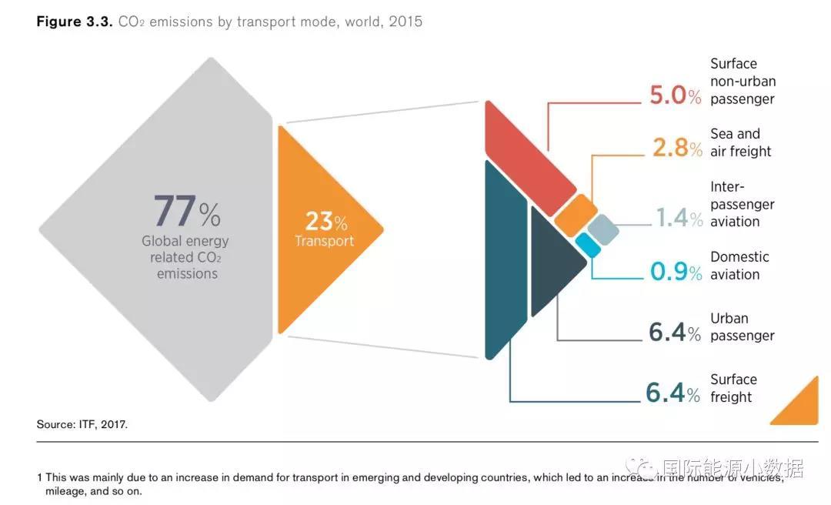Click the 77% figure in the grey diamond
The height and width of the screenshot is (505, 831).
186,211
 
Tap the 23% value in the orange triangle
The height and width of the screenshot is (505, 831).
325,222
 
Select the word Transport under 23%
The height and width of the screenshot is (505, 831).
324,241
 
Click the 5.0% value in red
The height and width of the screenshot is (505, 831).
675,95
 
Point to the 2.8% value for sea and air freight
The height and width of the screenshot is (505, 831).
676,148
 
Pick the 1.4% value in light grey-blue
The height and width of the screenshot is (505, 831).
679,218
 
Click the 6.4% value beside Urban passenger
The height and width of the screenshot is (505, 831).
674,333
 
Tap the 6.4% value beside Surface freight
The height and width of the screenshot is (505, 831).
673,393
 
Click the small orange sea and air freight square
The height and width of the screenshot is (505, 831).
576,216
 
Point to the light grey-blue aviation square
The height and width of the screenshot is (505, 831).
602,229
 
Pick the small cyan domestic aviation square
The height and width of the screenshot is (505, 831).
588,245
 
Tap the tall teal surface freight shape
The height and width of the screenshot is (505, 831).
504,262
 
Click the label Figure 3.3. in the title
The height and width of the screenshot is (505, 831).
75,22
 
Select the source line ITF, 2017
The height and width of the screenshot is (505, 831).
82,424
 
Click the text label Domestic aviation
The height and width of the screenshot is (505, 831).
739,266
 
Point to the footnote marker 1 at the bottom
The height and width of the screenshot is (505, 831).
39,477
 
